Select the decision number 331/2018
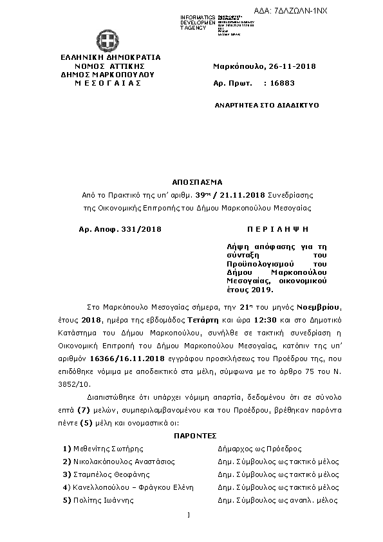[x=140, y=229]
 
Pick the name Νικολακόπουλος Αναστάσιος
[x=123, y=462]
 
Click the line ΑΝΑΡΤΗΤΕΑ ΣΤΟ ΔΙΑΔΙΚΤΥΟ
[x=266, y=104]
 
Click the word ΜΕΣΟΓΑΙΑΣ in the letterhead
[x=107, y=84]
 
